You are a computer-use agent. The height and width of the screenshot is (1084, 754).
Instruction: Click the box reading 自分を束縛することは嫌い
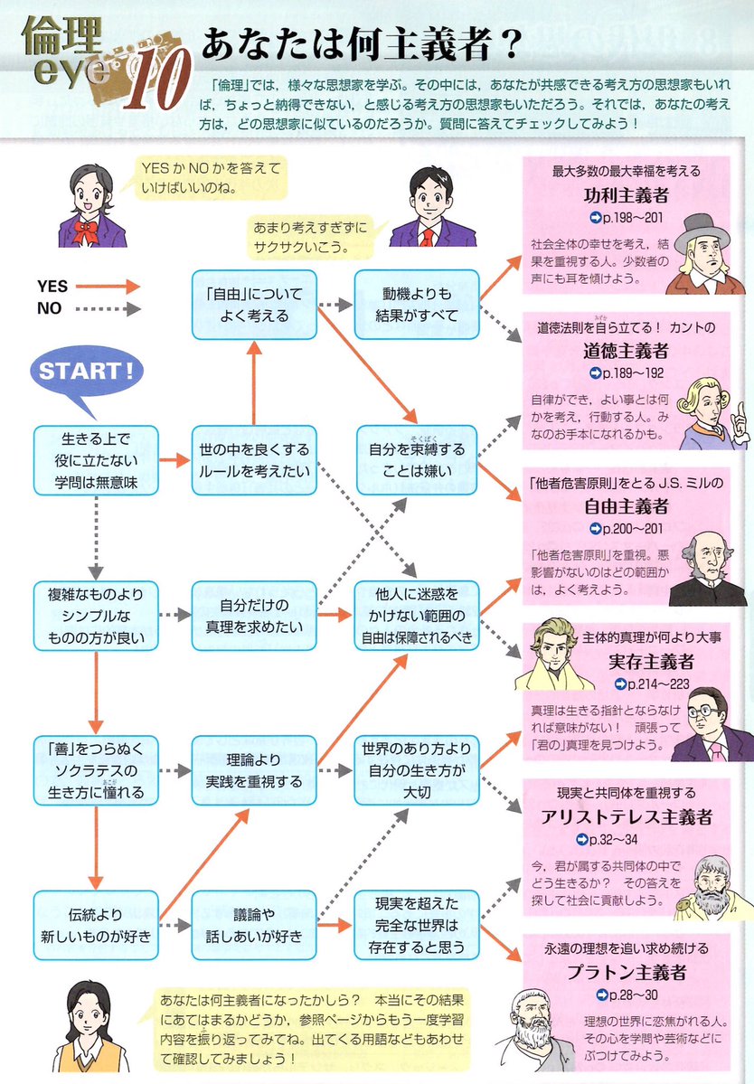point(416,460)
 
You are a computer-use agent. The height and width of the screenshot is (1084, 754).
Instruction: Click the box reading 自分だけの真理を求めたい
point(253,614)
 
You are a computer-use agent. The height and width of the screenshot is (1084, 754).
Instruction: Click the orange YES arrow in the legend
point(107,287)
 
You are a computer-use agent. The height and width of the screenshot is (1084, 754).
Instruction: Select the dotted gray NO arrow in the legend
point(107,308)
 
